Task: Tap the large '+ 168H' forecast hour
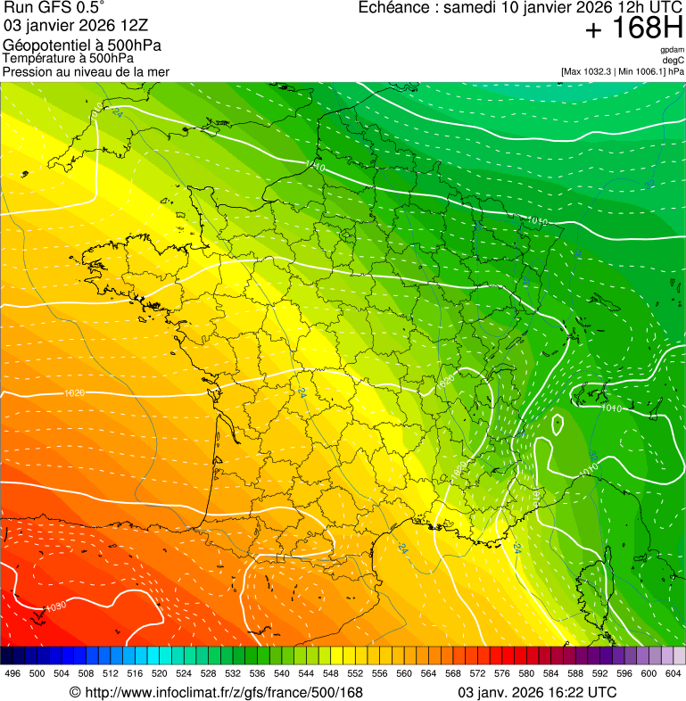pyautogui.click(x=633, y=29)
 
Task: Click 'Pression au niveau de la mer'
pyautogui.click(x=86, y=71)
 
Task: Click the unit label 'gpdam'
pyautogui.click(x=672, y=50)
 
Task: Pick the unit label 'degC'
pyautogui.click(x=674, y=60)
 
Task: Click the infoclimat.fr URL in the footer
pyautogui.click(x=223, y=692)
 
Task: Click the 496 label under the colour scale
pyautogui.click(x=12, y=673)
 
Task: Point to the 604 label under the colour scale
pyautogui.click(x=673, y=673)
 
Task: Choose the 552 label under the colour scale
pyautogui.click(x=354, y=673)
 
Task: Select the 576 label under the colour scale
pyautogui.click(x=501, y=673)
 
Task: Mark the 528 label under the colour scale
pyautogui.click(x=208, y=673)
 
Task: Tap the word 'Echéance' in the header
pyautogui.click(x=392, y=8)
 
